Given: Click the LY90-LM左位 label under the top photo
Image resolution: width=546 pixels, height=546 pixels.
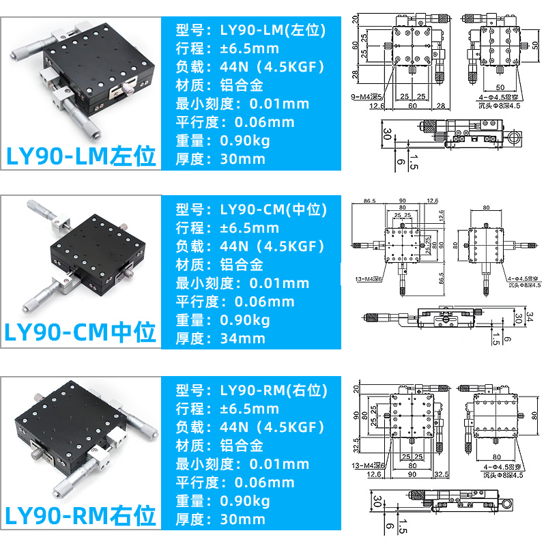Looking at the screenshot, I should (x=81, y=154).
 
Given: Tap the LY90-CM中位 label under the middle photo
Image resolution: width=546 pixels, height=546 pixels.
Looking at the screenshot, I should (x=81, y=333).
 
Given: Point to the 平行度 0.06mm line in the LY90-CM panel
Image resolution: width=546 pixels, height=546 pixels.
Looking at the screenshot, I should (x=235, y=302).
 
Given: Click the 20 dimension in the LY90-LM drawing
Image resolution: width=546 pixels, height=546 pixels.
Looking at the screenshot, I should (x=355, y=20).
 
